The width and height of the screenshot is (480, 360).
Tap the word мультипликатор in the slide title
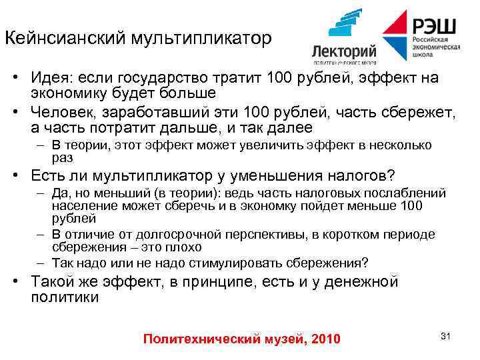click(x=203, y=38)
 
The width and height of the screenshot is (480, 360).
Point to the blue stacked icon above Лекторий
click(x=346, y=26)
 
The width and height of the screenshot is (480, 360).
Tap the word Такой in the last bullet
click(x=54, y=281)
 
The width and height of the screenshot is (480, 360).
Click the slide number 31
click(x=446, y=335)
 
